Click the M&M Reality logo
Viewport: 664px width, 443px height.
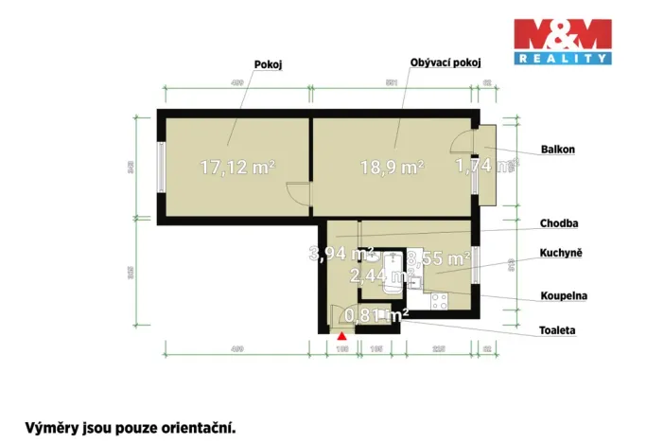(x=562, y=42)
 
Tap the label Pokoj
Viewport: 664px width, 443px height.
(x=270, y=64)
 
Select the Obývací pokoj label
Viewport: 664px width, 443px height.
(x=446, y=62)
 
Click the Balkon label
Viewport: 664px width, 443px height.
(x=558, y=150)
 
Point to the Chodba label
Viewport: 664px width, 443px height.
(x=560, y=223)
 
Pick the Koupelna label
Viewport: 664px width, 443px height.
(x=564, y=295)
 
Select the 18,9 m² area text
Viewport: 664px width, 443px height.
(x=392, y=168)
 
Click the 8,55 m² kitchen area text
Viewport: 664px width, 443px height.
(x=442, y=257)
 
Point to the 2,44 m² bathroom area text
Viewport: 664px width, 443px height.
(x=377, y=275)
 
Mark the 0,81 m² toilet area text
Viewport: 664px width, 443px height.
(x=376, y=315)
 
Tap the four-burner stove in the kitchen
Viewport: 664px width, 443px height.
(x=439, y=302)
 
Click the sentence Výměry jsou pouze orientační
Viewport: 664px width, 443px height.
(x=130, y=427)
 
